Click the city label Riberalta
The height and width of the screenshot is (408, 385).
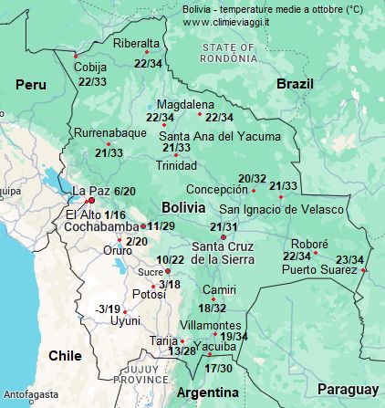(x=136, y=43)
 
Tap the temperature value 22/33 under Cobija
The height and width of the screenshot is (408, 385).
(x=92, y=82)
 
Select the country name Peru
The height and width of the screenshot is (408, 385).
(x=30, y=84)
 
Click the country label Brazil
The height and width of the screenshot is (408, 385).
(x=295, y=83)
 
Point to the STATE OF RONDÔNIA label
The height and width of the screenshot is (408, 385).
(x=231, y=53)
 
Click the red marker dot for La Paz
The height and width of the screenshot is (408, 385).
(x=89, y=201)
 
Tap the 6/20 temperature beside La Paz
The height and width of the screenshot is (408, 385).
(x=125, y=191)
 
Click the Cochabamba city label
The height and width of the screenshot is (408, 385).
(x=101, y=226)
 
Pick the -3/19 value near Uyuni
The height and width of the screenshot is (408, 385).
(x=107, y=309)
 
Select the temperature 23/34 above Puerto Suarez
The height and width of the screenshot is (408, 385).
(x=350, y=259)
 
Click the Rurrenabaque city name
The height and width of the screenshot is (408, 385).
(x=110, y=132)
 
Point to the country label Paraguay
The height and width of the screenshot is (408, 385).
(x=348, y=390)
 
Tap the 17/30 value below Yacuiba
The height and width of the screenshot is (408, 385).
(x=219, y=368)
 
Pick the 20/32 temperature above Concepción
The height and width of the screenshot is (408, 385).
(x=252, y=178)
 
